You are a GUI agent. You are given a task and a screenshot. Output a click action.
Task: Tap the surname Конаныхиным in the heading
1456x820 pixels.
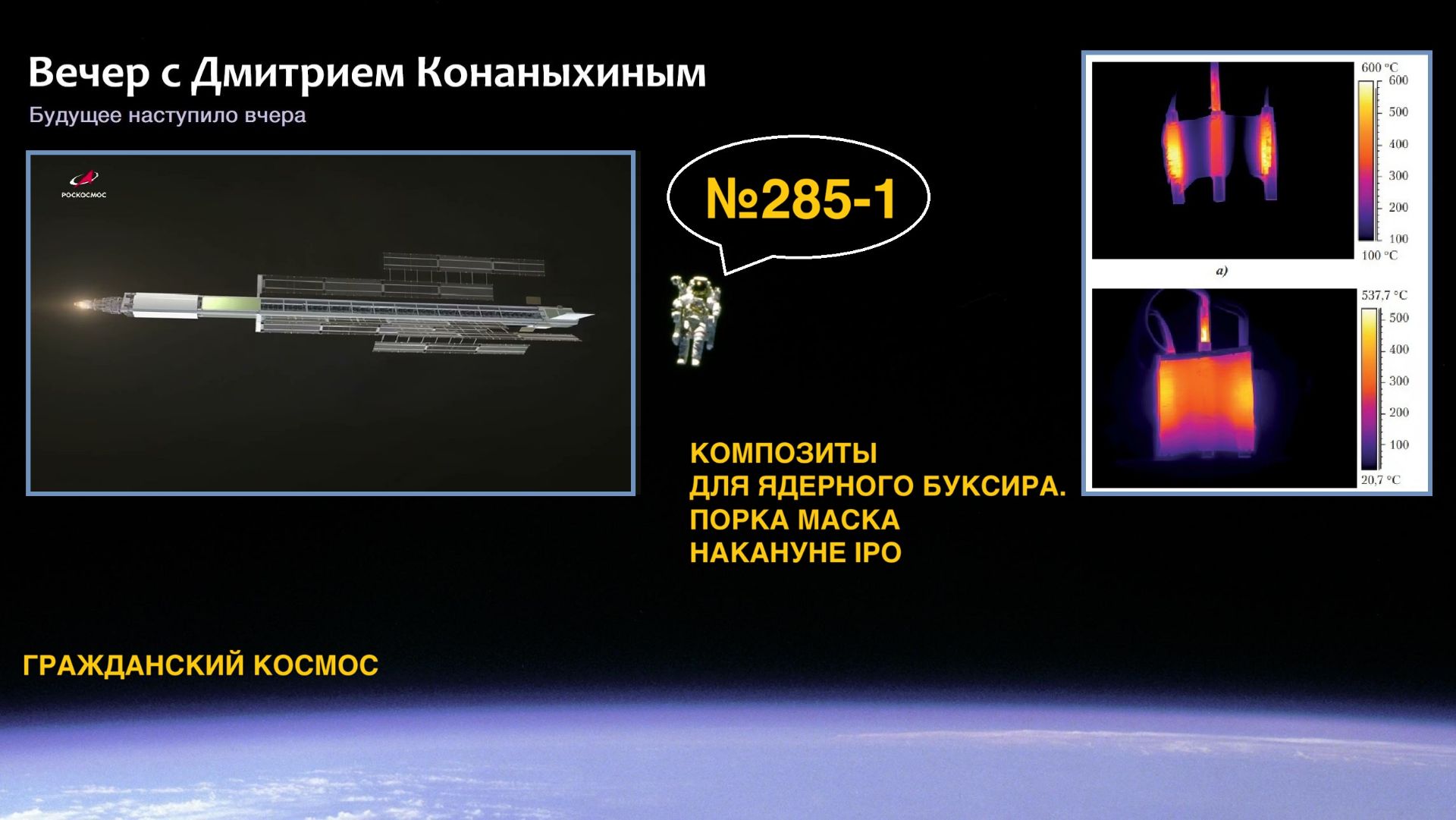(x=560, y=74)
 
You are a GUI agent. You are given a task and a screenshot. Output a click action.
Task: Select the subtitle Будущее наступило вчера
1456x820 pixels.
(x=167, y=115)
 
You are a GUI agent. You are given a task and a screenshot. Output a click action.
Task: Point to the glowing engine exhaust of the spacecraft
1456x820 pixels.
(x=82, y=305)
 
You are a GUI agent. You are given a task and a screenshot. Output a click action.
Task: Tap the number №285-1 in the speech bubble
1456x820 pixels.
(x=800, y=200)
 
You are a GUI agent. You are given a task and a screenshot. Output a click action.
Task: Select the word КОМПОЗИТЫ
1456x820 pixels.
(x=783, y=454)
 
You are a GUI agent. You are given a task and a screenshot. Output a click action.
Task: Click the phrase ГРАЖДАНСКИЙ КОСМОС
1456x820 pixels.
(x=200, y=665)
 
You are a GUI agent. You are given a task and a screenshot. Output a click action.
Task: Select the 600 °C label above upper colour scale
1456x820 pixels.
(x=1379, y=68)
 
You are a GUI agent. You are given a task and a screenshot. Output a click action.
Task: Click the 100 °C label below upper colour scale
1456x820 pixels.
(x=1379, y=256)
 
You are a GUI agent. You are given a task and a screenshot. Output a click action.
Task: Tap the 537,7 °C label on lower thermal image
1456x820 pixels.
(x=1383, y=295)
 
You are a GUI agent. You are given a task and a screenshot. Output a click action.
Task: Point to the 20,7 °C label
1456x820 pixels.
(x=1380, y=480)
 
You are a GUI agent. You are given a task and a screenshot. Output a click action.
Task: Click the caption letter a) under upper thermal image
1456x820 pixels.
(x=1221, y=271)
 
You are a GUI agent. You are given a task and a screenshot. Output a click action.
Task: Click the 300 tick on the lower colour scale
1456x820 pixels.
(x=1398, y=381)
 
